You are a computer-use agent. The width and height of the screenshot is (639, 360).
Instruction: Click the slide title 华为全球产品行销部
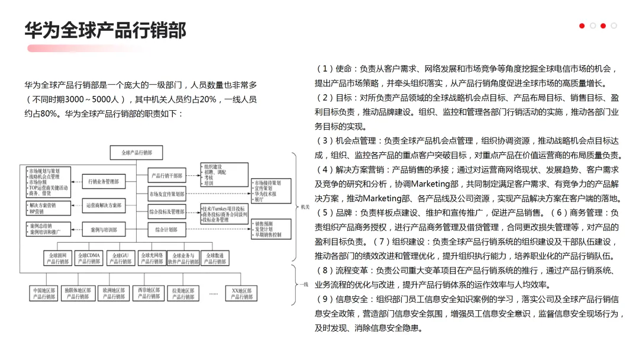pos(105,30)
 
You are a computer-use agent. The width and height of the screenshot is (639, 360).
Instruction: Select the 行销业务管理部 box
pos(104,182)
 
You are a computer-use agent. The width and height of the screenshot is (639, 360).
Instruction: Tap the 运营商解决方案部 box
pos(104,205)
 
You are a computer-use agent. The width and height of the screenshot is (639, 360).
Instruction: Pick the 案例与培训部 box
pos(104,229)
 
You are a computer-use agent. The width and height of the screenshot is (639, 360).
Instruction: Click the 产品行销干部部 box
pos(167,175)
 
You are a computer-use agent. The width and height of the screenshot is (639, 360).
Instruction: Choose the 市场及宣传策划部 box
pos(167,194)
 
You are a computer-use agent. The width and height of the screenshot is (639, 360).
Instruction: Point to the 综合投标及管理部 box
pos(167,211)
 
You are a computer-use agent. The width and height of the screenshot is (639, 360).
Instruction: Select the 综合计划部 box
pos(167,229)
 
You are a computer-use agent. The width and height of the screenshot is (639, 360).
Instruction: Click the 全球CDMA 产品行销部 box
pos(89,258)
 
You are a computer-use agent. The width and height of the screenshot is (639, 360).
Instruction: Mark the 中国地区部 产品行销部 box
pos(44,294)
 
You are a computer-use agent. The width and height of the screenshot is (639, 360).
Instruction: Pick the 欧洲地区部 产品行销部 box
pos(114,294)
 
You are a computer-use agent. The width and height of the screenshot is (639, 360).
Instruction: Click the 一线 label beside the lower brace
pos(304,285)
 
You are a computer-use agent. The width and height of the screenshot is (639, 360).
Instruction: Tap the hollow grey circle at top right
pos(614,26)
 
